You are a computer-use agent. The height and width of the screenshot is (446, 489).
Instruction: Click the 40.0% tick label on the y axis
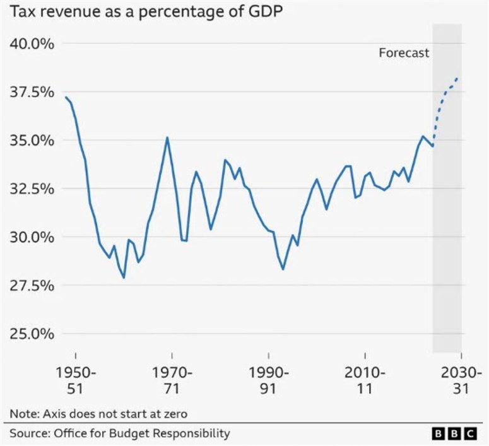32,44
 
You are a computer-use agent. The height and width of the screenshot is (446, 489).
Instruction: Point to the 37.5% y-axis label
32,92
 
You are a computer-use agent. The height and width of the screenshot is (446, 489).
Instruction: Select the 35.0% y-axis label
32,140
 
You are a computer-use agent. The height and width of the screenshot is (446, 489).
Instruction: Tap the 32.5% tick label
32,189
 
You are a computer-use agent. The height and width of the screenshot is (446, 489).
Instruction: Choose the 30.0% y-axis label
32,237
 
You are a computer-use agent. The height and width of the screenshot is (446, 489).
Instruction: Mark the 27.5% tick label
32,285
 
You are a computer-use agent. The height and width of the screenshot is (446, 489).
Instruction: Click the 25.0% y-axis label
32,334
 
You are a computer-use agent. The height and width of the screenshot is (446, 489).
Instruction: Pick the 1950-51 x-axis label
75,380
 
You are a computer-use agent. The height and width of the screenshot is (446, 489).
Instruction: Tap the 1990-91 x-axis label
268,380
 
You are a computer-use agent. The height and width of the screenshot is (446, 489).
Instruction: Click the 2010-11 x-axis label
365,380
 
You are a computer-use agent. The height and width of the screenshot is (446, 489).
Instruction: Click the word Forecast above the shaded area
404,53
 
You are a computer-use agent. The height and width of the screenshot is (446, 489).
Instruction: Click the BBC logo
454,433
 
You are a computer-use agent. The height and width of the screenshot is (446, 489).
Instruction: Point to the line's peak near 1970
167,138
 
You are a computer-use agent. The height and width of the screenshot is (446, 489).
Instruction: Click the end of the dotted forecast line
457,78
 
